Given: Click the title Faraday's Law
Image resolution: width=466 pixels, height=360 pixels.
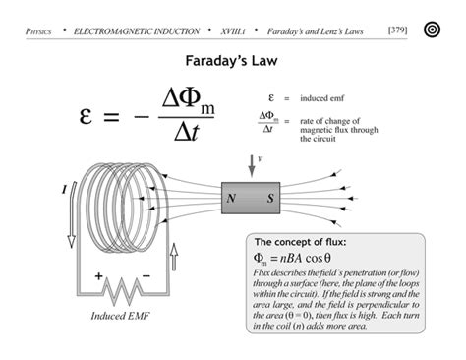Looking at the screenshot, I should point(232,61).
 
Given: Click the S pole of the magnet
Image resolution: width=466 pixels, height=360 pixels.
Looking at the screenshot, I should point(270,198).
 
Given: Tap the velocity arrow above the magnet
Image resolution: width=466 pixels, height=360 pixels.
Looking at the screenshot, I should point(252,165).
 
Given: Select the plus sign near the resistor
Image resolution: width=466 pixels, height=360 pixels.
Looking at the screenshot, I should point(98,276).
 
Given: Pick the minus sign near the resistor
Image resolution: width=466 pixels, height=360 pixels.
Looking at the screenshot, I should point(147,276).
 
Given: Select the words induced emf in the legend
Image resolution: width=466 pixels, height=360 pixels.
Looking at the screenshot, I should point(322,99).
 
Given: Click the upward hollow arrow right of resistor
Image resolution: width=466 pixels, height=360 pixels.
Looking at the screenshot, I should point(174,259).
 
